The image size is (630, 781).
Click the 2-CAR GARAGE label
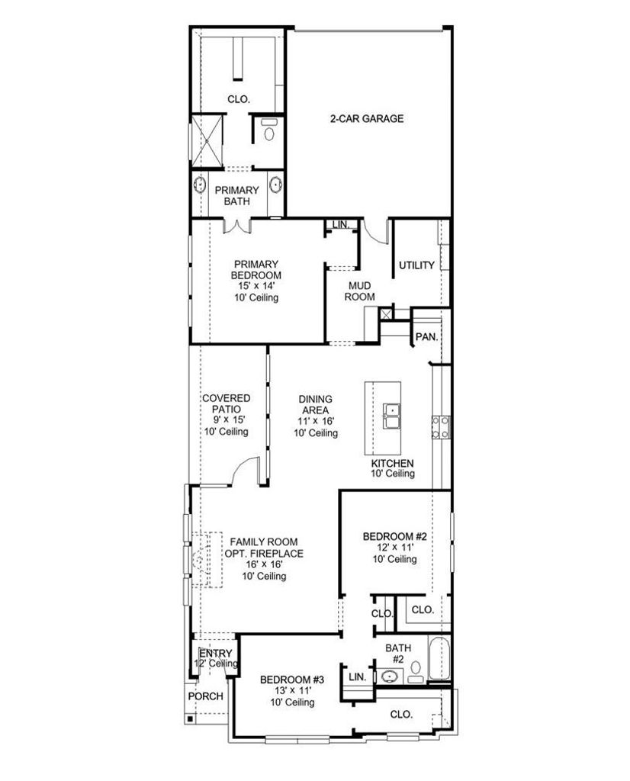[367, 118]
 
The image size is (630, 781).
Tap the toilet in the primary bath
[269, 130]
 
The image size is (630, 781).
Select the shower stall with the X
[207, 141]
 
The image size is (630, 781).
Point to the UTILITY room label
[416, 265]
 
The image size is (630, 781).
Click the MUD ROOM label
[359, 291]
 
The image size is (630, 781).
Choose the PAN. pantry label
[427, 336]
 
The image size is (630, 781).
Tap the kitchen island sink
[393, 416]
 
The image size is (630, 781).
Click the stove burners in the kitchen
[441, 427]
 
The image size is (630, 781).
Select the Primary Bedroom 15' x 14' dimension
[256, 286]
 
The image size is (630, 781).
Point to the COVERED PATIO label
[226, 403]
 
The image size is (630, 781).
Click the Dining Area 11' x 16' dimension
[316, 421]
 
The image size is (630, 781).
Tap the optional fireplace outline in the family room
[207, 560]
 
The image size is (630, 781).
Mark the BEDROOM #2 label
[395, 536]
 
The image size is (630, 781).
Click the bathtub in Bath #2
[439, 658]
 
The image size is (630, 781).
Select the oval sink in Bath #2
[390, 677]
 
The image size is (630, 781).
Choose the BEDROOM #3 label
[292, 680]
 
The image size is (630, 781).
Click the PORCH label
[206, 696]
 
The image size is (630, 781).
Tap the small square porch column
[190, 718]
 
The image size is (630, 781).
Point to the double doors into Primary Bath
[236, 226]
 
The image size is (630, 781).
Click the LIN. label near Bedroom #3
[358, 677]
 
